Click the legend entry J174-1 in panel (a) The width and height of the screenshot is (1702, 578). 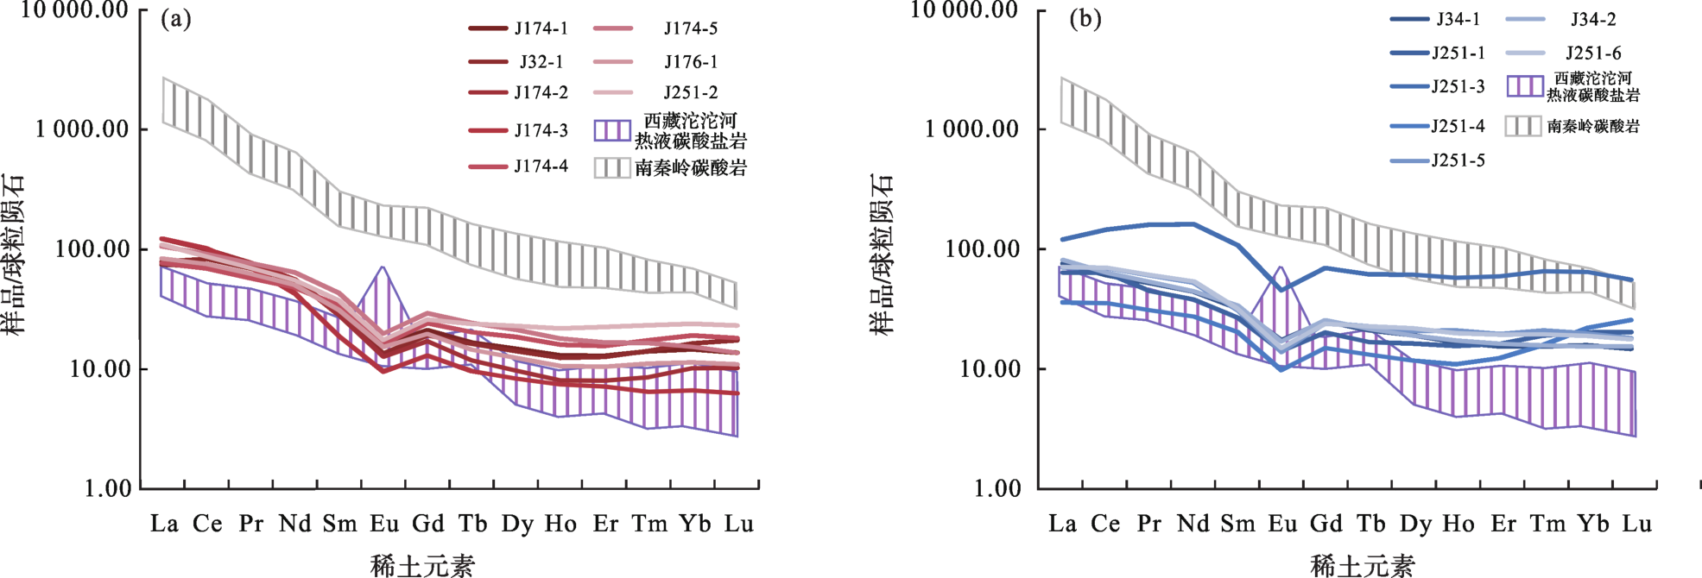tap(541, 28)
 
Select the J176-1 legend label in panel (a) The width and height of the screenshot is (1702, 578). tap(690, 62)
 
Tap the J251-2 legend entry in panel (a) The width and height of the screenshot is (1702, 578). tap(690, 92)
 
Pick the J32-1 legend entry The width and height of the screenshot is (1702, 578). tap(541, 62)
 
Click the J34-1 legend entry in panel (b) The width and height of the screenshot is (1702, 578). tap(1458, 19)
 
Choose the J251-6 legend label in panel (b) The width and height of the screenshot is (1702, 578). tap(1593, 53)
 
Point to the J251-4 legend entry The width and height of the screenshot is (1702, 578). tap(1458, 126)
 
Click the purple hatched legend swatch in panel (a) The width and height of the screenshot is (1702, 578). tap(612, 130)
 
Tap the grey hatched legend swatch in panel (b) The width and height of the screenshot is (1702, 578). tap(1523, 126)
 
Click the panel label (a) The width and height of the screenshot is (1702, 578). tap(176, 19)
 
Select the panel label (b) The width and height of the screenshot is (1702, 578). tap(1085, 19)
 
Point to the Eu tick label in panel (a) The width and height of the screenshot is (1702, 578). tap(383, 524)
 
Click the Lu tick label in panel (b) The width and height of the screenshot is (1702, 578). tap(1637, 524)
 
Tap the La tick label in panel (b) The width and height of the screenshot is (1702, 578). tap(1062, 524)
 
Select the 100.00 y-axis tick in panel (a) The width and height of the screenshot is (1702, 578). tap(92, 249)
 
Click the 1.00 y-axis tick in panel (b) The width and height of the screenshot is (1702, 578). tap(997, 488)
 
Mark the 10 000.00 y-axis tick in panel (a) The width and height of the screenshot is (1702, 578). tap(74, 10)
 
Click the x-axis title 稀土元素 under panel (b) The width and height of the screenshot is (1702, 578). tap(1362, 566)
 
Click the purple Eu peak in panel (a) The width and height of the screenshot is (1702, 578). tap(382, 269)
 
